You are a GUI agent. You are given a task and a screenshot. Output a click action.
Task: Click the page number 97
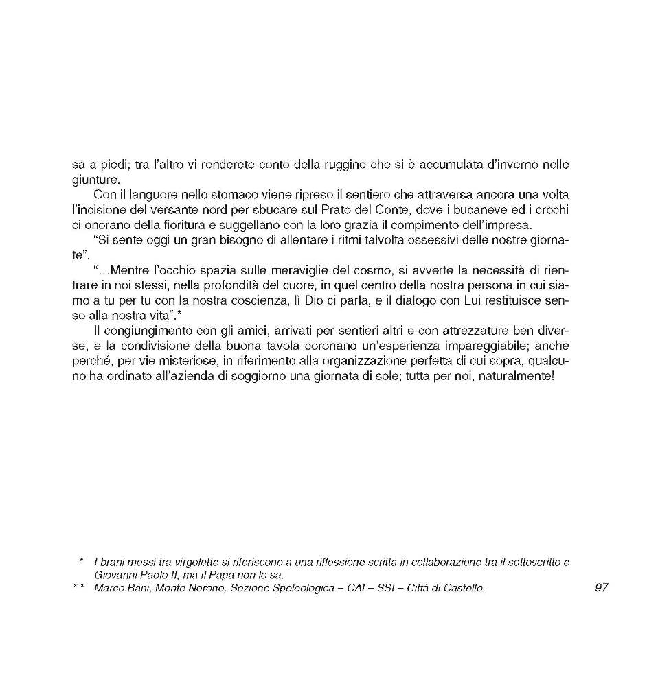[602, 589]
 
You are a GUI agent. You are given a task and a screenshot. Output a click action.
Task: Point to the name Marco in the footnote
[109, 589]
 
